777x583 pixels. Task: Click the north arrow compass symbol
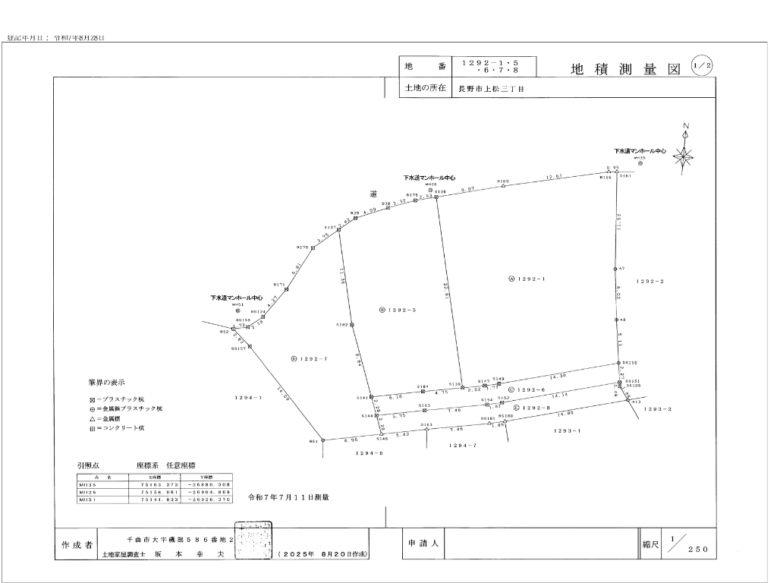tap(684, 157)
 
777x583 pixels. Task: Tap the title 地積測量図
tap(624, 69)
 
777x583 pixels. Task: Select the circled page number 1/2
tap(702, 66)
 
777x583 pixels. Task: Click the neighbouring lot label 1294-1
tap(249, 397)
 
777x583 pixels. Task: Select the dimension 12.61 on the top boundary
tap(554, 178)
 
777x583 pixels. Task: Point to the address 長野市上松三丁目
tap(490, 89)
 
